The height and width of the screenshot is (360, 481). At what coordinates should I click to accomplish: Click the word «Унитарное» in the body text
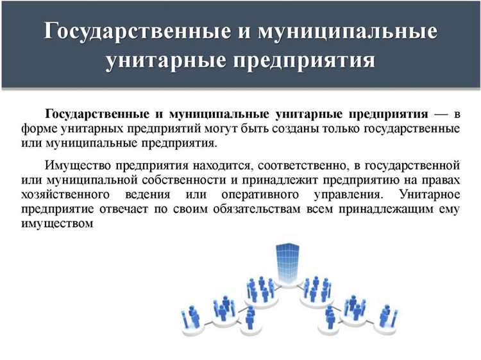pyautogui.click(x=429, y=193)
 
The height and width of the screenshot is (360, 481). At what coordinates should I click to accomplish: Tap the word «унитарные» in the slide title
pyautogui.click(x=158, y=62)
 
